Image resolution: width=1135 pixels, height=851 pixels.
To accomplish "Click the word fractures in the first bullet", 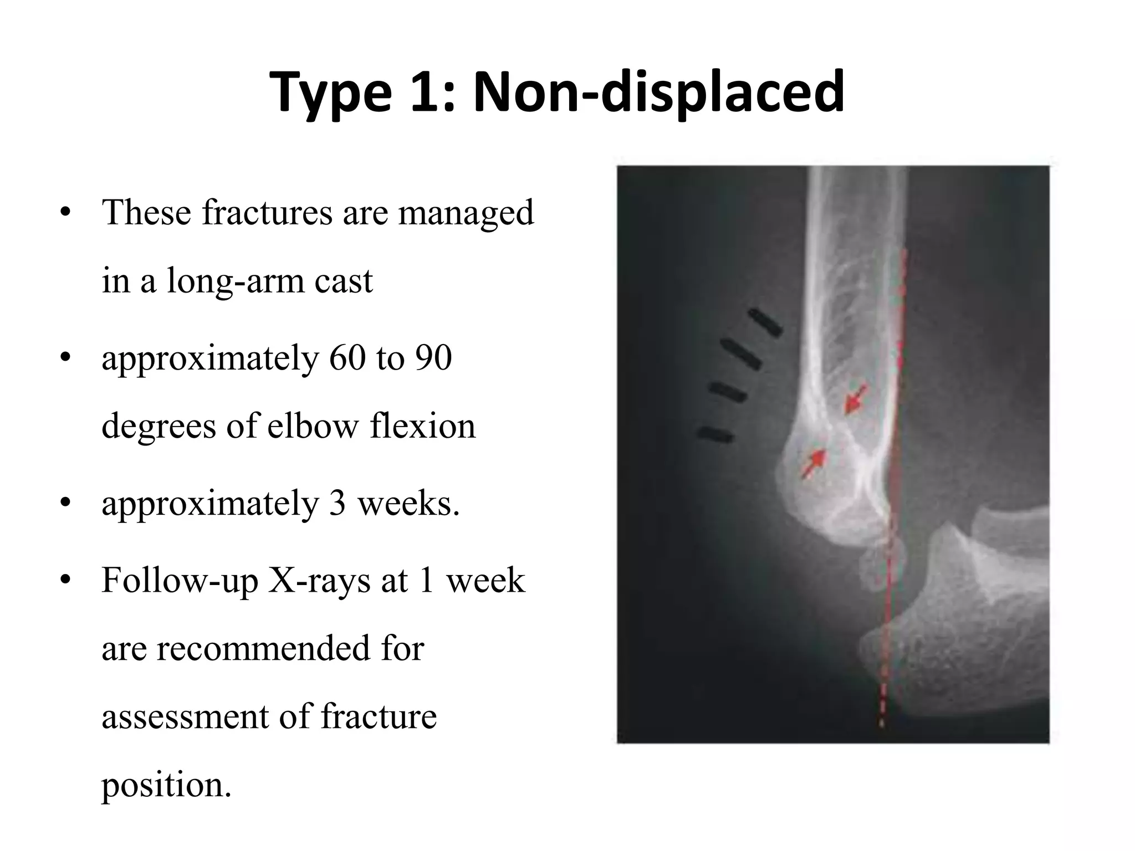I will coord(268,212).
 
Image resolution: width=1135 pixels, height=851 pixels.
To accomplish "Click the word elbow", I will coord(313,426).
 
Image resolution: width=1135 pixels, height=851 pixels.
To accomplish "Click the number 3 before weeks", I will coord(338,504).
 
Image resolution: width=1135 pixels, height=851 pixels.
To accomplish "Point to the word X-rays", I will coord(319,581).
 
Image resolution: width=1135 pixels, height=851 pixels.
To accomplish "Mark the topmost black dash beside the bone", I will coord(765,322).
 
